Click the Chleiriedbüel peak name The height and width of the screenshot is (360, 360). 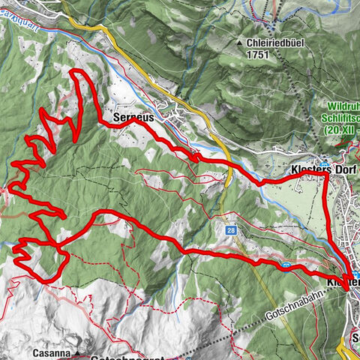pyautogui.click(x=274, y=43)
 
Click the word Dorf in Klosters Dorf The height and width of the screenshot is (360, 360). pyautogui.click(x=340, y=170)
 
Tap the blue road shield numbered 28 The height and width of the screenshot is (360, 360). pyautogui.click(x=232, y=231)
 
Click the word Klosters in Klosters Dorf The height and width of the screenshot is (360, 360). pyautogui.click(x=308, y=170)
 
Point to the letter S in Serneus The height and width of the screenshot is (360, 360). pyautogui.click(x=115, y=118)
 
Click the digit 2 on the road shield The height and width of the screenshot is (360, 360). pyautogui.click(x=230, y=231)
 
